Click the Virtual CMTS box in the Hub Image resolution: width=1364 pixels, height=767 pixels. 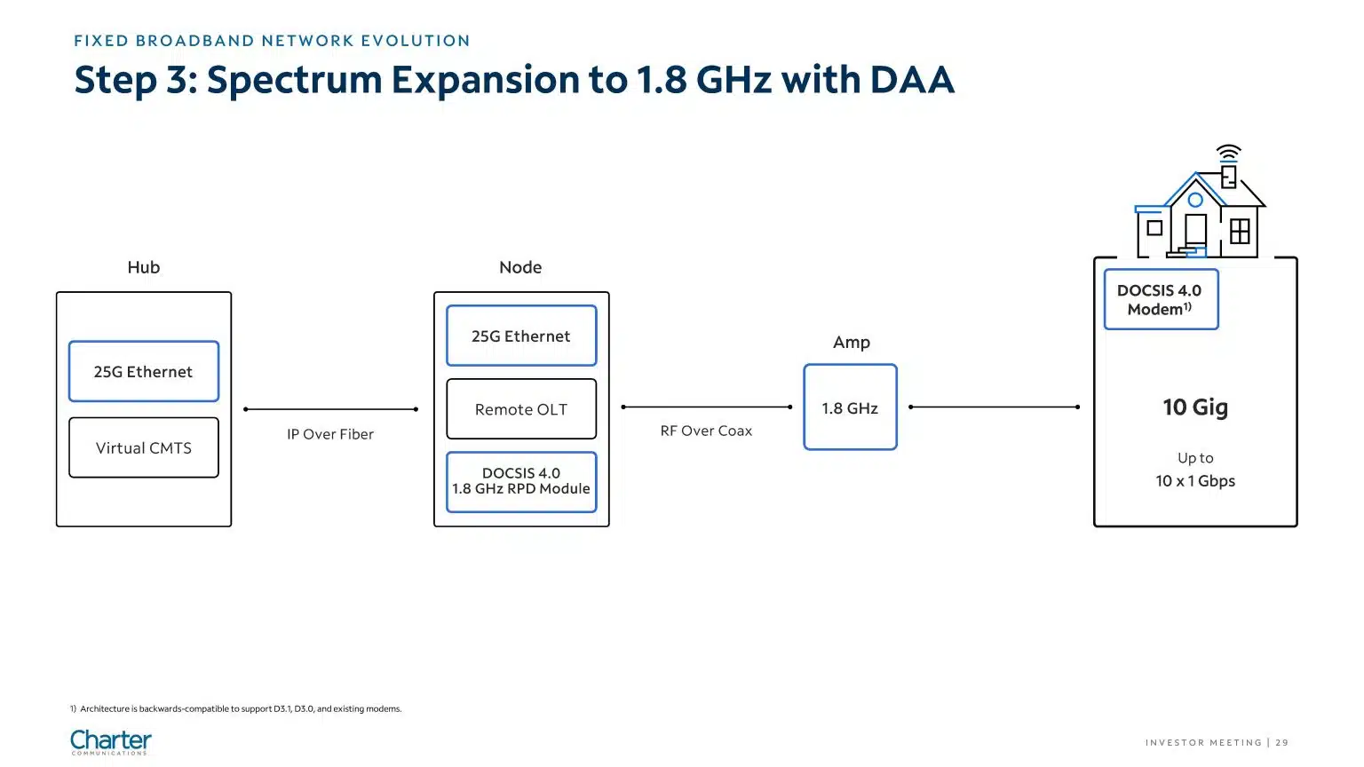coord(144,447)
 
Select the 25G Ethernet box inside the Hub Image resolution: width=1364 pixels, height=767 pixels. coord(144,371)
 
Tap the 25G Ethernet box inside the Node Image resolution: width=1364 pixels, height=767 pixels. coord(521,336)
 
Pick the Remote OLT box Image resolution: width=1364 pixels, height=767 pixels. coord(521,409)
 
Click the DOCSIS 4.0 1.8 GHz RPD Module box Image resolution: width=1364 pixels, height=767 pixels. coord(521,481)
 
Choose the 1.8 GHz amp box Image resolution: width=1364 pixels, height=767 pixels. coord(850,407)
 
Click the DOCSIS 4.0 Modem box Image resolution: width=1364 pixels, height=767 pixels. coord(1162,299)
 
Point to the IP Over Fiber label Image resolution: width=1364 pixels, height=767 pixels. coord(330,434)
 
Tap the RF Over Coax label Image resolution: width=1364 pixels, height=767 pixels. coord(706,431)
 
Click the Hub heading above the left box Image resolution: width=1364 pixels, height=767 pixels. coord(144,267)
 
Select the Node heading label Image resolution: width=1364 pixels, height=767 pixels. coord(520,267)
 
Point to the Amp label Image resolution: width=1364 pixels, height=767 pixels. coord(852,342)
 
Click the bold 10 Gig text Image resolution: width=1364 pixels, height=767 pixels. coord(1195,407)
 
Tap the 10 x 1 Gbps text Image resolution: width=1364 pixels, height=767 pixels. coord(1195,481)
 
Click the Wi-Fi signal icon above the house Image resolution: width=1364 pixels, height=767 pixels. coord(1229,153)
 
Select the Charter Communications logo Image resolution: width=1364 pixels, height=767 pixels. coord(111,742)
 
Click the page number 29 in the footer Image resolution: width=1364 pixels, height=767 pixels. coord(1281,743)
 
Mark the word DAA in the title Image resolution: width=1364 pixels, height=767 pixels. coord(912,80)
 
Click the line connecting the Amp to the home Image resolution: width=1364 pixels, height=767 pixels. coord(995,407)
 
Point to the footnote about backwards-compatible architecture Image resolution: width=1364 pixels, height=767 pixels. coord(235,708)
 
